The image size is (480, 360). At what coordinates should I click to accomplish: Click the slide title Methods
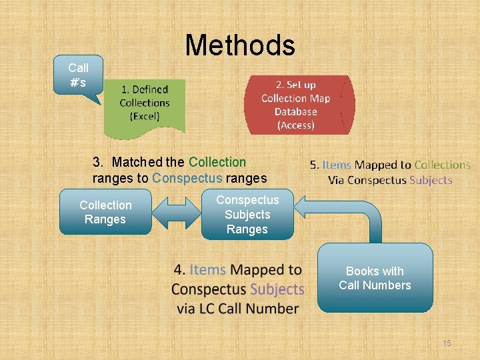240,45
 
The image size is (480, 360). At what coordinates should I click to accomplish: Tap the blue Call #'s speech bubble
79,74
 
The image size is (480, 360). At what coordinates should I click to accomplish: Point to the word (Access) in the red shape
295,125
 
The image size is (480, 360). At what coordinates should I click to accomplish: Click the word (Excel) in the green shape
145,116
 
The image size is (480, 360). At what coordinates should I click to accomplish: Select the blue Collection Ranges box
105,212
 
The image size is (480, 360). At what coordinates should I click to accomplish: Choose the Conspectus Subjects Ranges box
247,215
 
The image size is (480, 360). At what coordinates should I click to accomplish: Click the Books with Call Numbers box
375,278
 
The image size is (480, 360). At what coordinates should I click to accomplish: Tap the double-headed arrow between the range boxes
177,213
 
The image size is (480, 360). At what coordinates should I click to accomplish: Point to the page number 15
447,343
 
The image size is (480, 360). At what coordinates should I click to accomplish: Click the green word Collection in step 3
217,162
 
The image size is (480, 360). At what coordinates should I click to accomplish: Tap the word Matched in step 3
138,162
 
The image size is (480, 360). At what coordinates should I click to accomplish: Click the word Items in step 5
337,165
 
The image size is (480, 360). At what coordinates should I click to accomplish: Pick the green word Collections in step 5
442,165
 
